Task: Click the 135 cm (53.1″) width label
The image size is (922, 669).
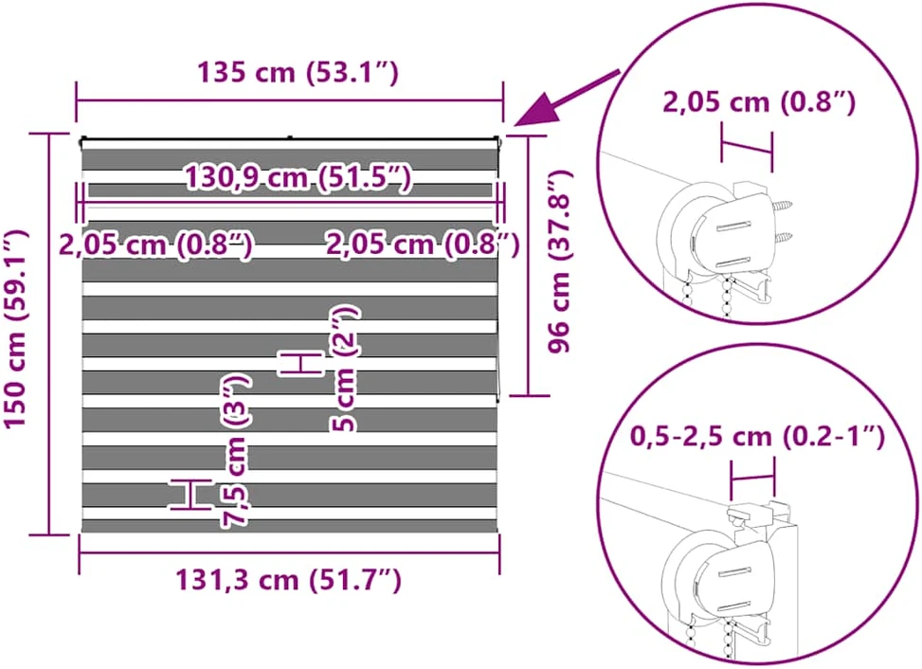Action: click(298, 72)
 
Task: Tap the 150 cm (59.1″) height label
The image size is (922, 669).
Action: click(17, 330)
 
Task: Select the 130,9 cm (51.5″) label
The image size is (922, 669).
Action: click(298, 177)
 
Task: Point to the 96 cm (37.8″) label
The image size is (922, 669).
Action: click(560, 262)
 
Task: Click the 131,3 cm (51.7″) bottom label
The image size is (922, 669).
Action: click(289, 580)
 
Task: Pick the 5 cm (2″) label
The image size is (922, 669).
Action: click(345, 369)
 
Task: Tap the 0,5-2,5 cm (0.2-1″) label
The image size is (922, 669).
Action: click(758, 437)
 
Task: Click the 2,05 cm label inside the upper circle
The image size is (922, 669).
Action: click(759, 102)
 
